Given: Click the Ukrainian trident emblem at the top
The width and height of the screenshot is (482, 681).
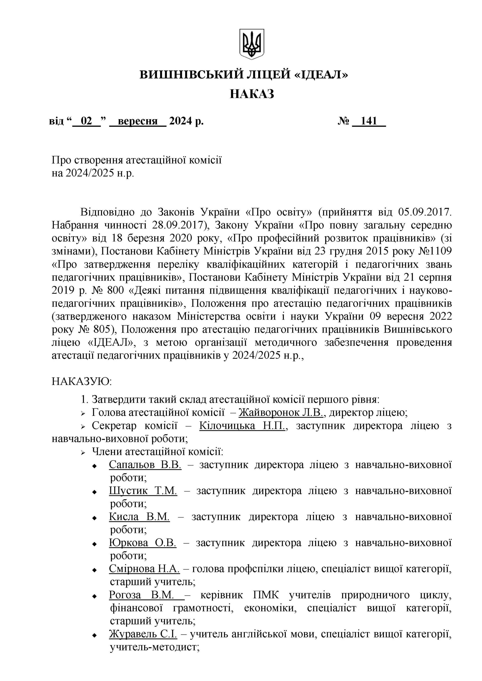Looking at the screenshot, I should pyautogui.click(x=252, y=44).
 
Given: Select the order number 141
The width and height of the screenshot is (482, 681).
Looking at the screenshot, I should pyautogui.click(x=369, y=121).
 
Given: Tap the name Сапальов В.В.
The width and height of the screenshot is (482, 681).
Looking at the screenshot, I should pyautogui.click(x=145, y=465).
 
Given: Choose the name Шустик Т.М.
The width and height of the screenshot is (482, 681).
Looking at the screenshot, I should pyautogui.click(x=143, y=491).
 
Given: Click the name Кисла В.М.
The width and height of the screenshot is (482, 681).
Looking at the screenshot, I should pyautogui.click(x=139, y=517).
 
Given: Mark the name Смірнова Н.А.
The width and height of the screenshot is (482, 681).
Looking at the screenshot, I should pyautogui.click(x=144, y=569).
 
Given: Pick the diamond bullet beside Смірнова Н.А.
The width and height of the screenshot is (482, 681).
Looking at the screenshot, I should pyautogui.click(x=94, y=570).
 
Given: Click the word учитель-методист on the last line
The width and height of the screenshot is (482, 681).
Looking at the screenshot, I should pyautogui.click(x=154, y=647).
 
